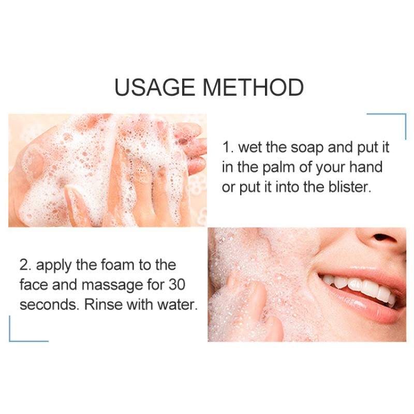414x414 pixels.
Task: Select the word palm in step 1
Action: tap(279, 168)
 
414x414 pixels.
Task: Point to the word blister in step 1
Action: tap(348, 187)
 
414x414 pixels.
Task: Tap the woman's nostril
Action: tap(383, 239)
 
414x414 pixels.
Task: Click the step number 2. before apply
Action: tap(25, 265)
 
